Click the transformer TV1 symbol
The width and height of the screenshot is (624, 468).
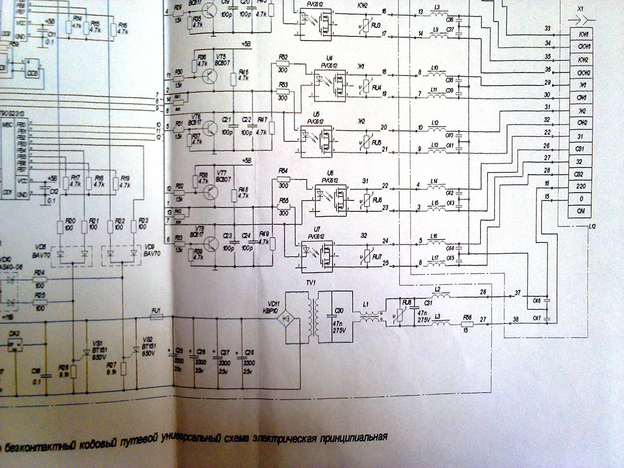(x=315, y=317)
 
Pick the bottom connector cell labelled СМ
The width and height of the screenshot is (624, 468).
(x=581, y=212)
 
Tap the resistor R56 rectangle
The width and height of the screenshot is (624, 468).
(x=467, y=324)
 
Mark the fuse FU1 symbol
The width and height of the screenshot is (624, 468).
(x=156, y=317)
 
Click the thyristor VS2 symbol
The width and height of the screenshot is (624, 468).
(x=135, y=350)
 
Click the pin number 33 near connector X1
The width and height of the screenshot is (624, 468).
(x=547, y=28)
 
